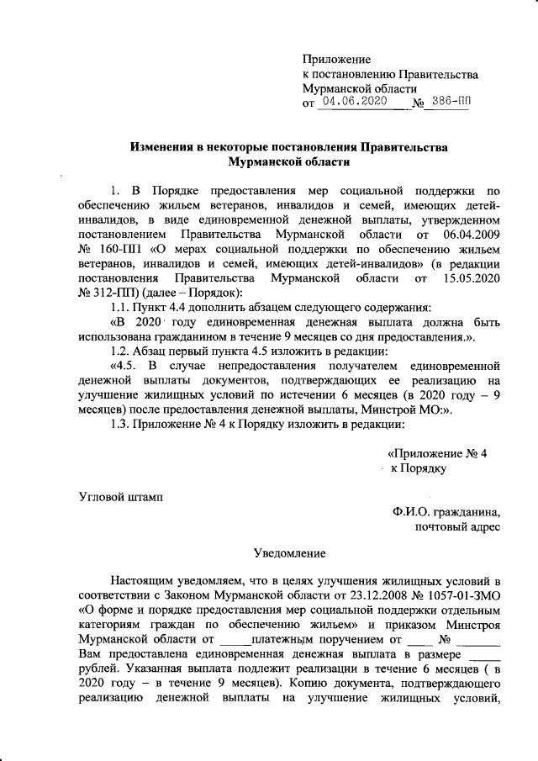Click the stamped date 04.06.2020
click(x=353, y=102)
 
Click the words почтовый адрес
click(x=459, y=527)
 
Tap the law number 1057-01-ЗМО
click(x=460, y=595)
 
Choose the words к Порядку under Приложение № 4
click(x=419, y=467)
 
